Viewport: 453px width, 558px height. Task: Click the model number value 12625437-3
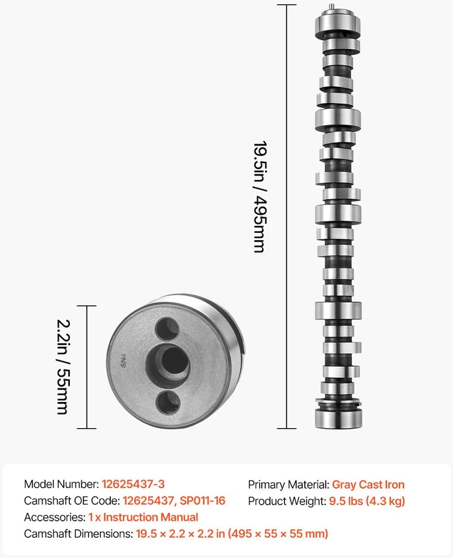tap(133, 484)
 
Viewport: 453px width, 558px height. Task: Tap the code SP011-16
tap(202, 501)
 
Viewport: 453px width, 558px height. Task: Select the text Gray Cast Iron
tap(368, 484)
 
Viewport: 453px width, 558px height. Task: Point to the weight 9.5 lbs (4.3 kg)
tap(367, 501)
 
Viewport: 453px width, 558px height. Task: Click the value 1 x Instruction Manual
tap(143, 517)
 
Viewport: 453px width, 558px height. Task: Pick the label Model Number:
tap(61, 484)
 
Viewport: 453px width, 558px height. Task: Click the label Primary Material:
tap(289, 484)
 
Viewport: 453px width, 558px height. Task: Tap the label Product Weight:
tap(287, 501)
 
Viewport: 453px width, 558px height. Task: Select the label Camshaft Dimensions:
tap(78, 533)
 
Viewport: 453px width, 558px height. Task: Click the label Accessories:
tap(55, 517)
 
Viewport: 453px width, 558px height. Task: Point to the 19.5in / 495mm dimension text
tap(260, 197)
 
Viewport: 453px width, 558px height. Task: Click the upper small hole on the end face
tap(167, 329)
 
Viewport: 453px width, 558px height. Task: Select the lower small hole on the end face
tap(168, 403)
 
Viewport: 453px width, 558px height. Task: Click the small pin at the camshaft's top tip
tap(332, 7)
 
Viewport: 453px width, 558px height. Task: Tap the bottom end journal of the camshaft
tap(338, 418)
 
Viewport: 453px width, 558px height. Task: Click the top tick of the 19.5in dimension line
tap(287, 5)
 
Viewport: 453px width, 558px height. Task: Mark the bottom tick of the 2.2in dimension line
tap(86, 428)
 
